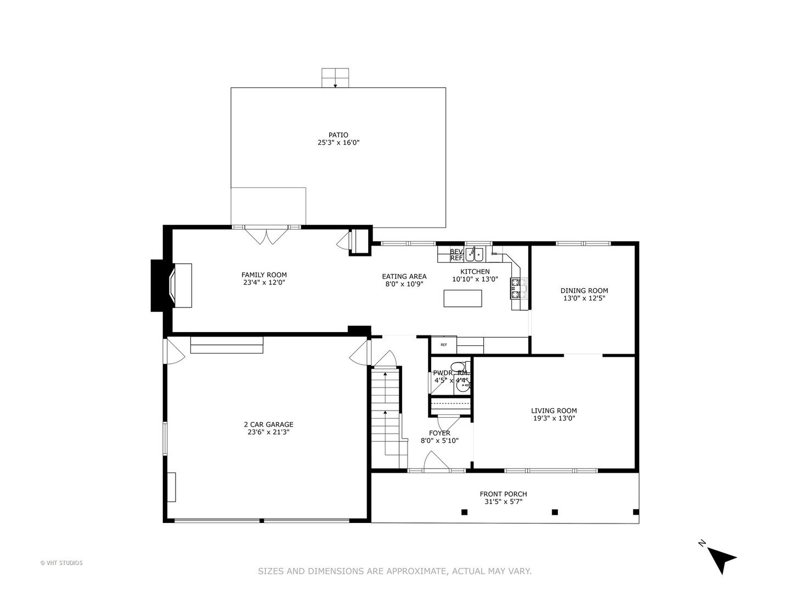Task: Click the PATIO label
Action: point(338,135)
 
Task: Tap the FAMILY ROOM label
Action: point(264,275)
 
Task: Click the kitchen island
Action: point(462,298)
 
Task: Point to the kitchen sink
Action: point(475,255)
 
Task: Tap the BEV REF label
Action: point(456,255)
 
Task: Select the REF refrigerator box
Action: point(443,345)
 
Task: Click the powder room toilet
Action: point(457,368)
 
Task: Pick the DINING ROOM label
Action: point(584,291)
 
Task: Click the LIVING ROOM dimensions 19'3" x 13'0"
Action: point(554,418)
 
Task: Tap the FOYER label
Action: point(439,433)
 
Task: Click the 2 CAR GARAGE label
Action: point(268,424)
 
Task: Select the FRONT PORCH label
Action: point(503,494)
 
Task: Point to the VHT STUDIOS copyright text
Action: point(61,563)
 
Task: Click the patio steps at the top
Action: point(335,78)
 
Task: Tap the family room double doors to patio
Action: point(266,235)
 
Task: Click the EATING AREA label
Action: point(404,277)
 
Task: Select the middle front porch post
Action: point(555,512)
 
